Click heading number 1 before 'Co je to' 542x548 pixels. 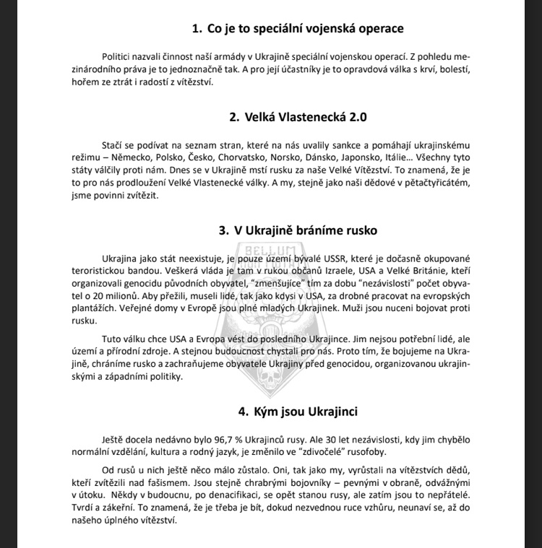[x=195, y=29]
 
